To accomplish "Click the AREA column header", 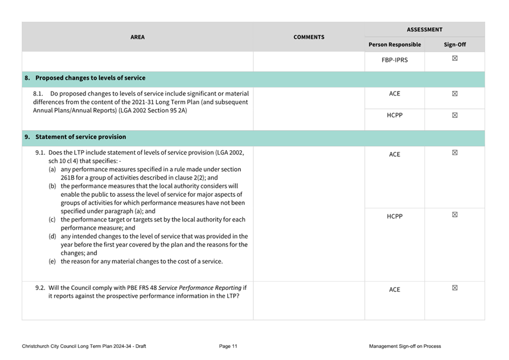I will pos(137,37).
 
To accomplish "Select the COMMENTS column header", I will pos(308,37).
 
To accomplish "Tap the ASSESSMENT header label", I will pos(425,29).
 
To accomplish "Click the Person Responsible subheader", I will pos(395,45).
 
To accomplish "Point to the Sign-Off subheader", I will pos(455,45).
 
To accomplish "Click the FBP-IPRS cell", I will pos(395,60).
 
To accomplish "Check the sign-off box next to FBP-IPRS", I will pos(455,58).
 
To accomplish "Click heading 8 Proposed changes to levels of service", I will pos(85,78).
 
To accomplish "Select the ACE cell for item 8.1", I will pos(395,94).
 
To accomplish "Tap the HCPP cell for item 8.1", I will pos(395,115).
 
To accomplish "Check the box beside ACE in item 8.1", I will pos(455,94).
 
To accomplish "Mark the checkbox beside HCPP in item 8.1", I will pos(455,115).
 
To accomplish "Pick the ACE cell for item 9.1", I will pos(395,155).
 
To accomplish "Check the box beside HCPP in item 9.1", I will pos(455,215).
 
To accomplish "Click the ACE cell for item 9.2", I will pos(395,290).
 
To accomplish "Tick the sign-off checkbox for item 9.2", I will pos(455,288).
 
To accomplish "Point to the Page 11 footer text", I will pos(228,346).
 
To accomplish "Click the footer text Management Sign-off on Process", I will pos(405,346).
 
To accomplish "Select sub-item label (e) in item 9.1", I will pos(52,261).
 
